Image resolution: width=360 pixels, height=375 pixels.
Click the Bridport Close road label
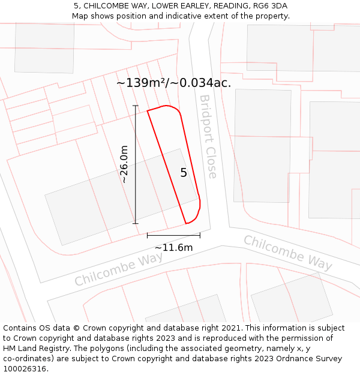tap(208, 136)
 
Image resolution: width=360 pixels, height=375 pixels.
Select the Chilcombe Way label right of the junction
tap(287, 252)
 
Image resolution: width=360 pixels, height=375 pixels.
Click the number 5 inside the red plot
tap(184, 173)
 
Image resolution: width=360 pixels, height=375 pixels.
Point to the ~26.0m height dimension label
tap(124, 164)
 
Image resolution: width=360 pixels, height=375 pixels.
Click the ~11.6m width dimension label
tap(173, 248)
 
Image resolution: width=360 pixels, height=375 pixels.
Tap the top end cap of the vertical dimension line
tap(136, 106)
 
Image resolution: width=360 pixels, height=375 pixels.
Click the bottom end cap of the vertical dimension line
tap(136, 224)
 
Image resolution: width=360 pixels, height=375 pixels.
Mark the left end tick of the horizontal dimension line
tap(148, 236)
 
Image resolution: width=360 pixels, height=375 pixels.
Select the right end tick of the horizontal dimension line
tap(200, 236)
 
